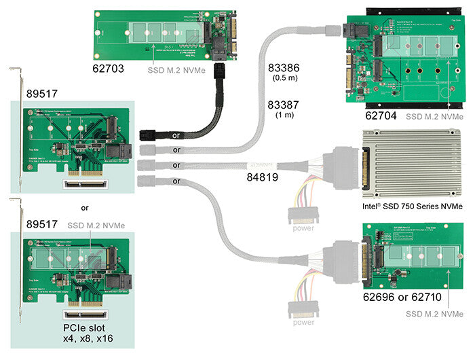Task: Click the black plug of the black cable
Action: [x=148, y=134]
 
